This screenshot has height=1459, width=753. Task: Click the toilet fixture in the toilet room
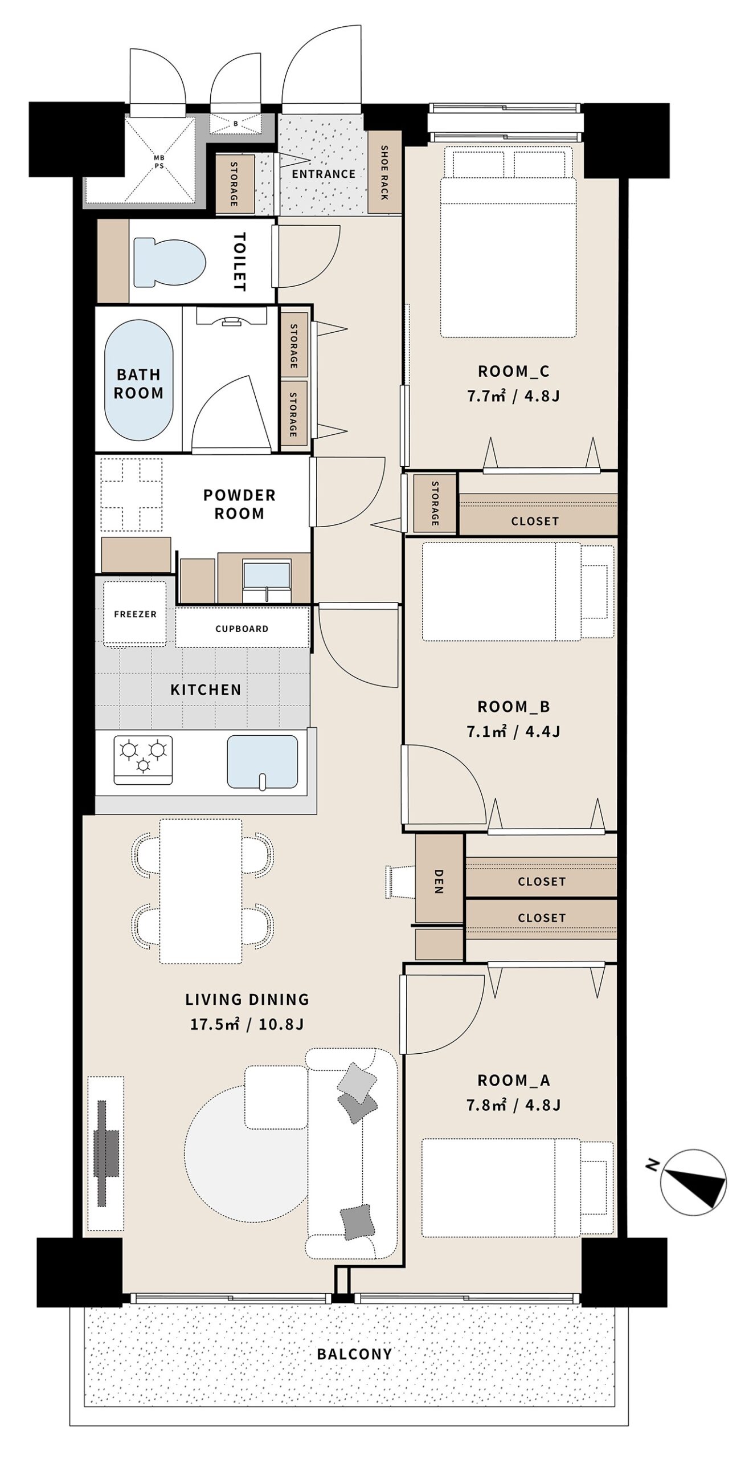(x=169, y=262)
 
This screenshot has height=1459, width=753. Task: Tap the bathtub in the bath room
(x=138, y=380)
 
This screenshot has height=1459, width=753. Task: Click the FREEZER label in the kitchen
(x=135, y=614)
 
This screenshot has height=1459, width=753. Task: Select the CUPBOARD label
(x=242, y=629)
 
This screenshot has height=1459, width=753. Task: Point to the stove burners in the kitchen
(x=143, y=760)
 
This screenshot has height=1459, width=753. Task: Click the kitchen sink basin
(x=262, y=762)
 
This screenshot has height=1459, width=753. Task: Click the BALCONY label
(x=354, y=1354)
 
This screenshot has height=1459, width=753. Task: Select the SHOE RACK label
(x=384, y=173)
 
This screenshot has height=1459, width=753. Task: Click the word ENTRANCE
(x=324, y=174)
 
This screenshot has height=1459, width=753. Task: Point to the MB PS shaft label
(x=159, y=161)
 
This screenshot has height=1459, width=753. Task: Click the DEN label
(x=439, y=881)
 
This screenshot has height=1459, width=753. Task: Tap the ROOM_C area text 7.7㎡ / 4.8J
(x=513, y=396)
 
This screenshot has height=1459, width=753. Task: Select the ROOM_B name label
(x=514, y=707)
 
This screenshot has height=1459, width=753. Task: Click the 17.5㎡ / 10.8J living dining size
(x=247, y=1024)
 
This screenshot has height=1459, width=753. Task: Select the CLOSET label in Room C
(x=534, y=521)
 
